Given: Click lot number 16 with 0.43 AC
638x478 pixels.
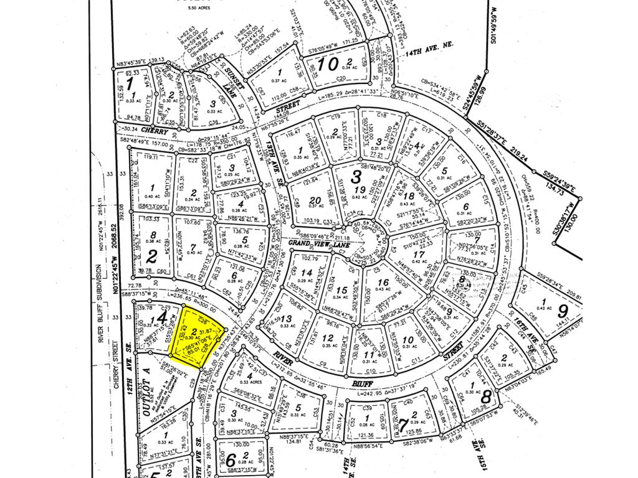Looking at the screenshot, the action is (x=383, y=283).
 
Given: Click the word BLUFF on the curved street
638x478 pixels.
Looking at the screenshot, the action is (x=356, y=377).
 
